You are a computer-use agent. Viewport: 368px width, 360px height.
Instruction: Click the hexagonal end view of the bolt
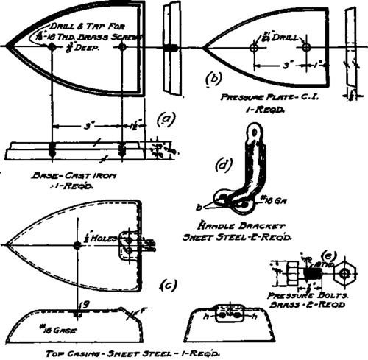[x=344, y=274]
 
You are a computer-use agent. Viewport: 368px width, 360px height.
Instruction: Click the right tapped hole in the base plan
[x=122, y=46]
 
